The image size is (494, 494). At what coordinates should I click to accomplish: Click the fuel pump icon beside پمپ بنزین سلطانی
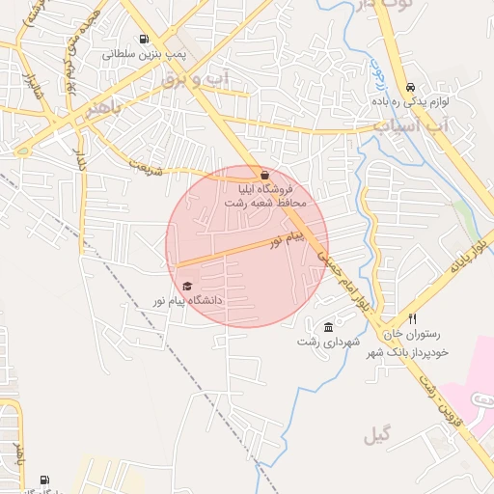pyautogui.click(x=145, y=41)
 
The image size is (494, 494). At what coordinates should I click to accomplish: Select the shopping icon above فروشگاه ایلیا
pyautogui.click(x=265, y=175)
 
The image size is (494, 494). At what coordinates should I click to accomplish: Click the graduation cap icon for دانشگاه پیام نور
pyautogui.click(x=187, y=286)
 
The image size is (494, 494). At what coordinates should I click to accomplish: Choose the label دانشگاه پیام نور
pyautogui.click(x=186, y=301)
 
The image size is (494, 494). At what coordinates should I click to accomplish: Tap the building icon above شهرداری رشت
pyautogui.click(x=329, y=327)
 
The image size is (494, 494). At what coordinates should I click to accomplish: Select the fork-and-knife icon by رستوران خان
pyautogui.click(x=412, y=318)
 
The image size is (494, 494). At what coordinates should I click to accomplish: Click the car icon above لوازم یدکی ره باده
pyautogui.click(x=412, y=86)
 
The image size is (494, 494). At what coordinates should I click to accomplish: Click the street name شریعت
pyautogui.click(x=144, y=168)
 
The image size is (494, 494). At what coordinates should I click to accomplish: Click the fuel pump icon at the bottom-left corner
pyautogui.click(x=44, y=480)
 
